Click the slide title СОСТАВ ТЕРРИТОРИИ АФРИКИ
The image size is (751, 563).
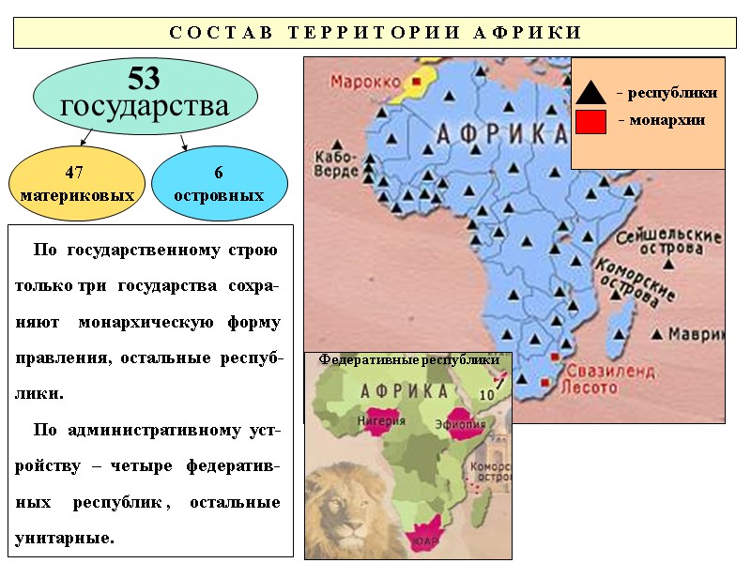click(375, 33)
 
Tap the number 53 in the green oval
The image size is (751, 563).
click(146, 78)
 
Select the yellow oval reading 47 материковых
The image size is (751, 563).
click(76, 184)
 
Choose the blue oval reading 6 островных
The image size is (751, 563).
click(219, 184)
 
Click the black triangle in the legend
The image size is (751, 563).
click(591, 93)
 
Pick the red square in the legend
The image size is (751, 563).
click(590, 122)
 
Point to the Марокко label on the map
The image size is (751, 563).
click(364, 82)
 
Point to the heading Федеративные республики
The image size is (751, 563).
click(408, 359)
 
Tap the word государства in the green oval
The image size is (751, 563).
click(145, 106)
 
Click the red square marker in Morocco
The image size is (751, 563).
click(415, 83)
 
